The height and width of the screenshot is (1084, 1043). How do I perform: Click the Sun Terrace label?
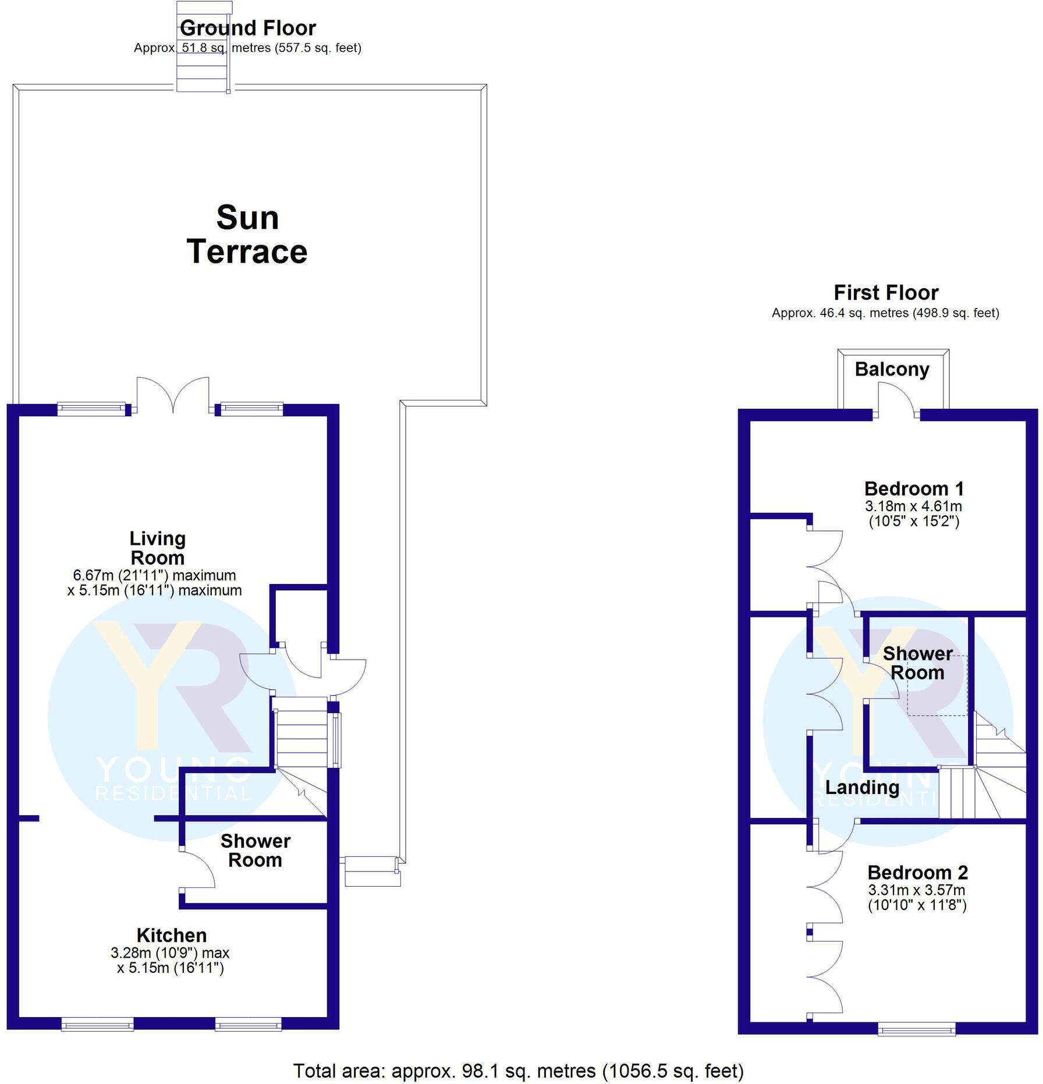coord(247,235)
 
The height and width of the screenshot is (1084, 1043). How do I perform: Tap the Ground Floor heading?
coord(248,28)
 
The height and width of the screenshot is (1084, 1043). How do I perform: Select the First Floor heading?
coord(886,292)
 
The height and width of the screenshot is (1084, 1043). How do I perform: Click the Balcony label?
coord(892,369)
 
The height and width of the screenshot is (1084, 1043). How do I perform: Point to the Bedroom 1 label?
coord(914,488)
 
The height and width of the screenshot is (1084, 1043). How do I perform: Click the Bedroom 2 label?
coord(917,872)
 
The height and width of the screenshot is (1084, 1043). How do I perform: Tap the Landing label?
coord(862,788)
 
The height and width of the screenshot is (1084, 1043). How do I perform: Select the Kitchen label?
coord(172,935)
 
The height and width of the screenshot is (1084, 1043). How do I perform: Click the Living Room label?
coord(158,548)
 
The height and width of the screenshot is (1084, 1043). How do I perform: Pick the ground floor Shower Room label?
coord(255,851)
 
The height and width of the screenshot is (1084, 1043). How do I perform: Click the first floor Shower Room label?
coord(917,663)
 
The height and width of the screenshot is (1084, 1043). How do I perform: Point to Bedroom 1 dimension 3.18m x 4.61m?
coord(913,506)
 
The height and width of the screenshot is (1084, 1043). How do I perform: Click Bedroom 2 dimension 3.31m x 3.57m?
coord(917,890)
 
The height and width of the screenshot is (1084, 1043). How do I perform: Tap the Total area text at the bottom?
coord(518,1071)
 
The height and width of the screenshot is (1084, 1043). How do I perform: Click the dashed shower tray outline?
coord(937,686)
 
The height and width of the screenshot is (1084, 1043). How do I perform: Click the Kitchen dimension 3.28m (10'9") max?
coord(170,953)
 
